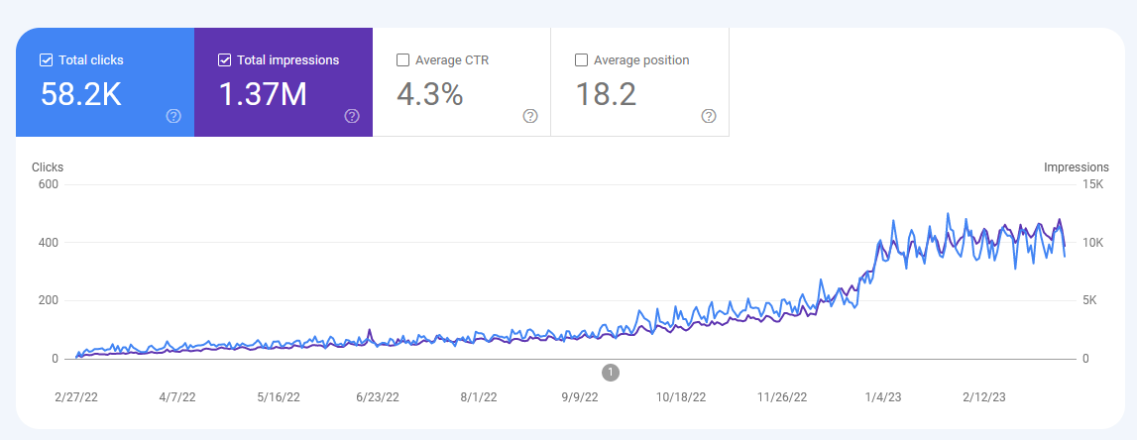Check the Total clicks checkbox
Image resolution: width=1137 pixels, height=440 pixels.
pyautogui.click(x=46, y=60)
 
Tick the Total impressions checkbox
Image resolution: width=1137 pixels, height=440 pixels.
pyautogui.click(x=224, y=60)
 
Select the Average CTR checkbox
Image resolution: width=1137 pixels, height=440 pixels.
pyautogui.click(x=402, y=60)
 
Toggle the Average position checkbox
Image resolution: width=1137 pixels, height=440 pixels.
pyautogui.click(x=581, y=60)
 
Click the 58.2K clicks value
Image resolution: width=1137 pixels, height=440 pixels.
pyautogui.click(x=81, y=94)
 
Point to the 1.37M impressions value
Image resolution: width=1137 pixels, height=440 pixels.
pyautogui.click(x=263, y=94)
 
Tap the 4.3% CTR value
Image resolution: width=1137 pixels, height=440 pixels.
pyautogui.click(x=430, y=94)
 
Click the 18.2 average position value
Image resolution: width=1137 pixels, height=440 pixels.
pyautogui.click(x=606, y=94)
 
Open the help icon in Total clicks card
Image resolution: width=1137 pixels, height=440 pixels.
pyautogui.click(x=173, y=116)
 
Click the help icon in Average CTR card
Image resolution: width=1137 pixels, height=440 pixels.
pyautogui.click(x=530, y=116)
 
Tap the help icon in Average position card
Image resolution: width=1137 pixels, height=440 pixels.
pyautogui.click(x=709, y=116)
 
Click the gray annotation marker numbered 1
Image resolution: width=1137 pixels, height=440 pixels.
pyautogui.click(x=611, y=372)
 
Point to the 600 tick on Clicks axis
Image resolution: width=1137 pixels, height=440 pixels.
pyautogui.click(x=48, y=184)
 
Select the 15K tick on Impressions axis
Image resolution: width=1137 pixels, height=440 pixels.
pyautogui.click(x=1091, y=184)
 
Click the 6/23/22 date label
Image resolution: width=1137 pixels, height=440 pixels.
pyautogui.click(x=378, y=397)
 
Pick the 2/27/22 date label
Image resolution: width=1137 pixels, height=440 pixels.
pyautogui.click(x=75, y=397)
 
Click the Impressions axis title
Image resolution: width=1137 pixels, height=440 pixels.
pyautogui.click(x=1076, y=167)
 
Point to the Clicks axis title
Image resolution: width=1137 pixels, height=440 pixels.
pyautogui.click(x=48, y=167)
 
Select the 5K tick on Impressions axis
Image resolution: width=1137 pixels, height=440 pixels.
pyautogui.click(x=1089, y=300)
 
